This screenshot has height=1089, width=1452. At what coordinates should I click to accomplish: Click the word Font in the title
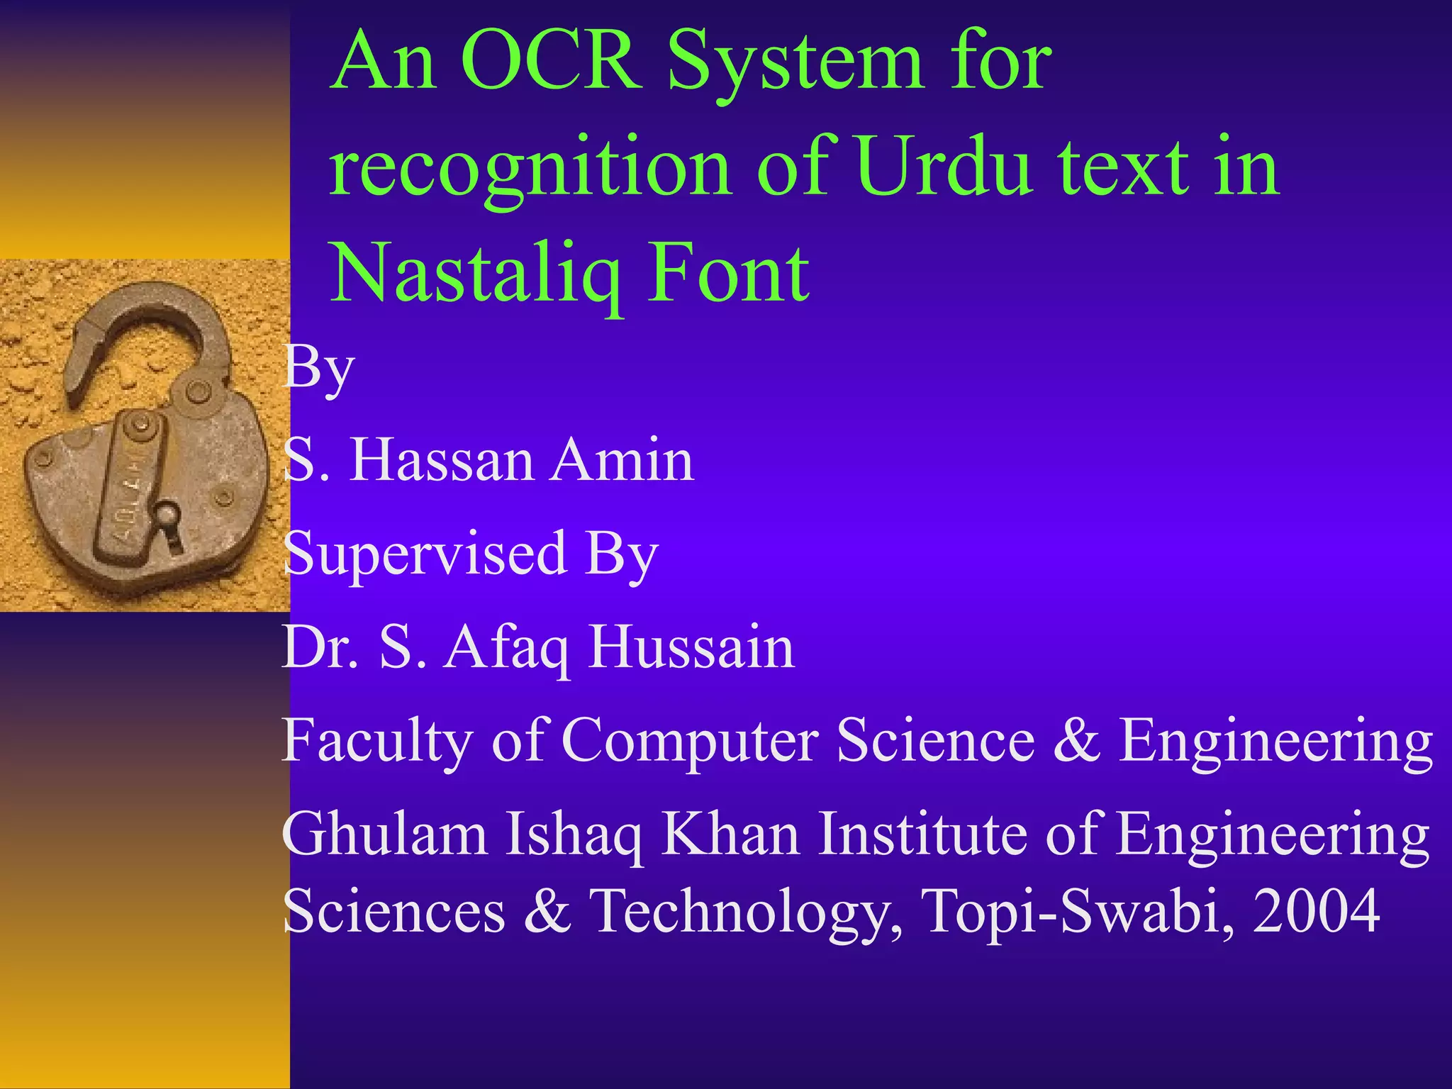click(730, 274)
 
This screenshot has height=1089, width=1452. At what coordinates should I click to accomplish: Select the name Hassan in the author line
click(441, 460)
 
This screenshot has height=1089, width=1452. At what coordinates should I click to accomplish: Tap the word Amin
click(622, 460)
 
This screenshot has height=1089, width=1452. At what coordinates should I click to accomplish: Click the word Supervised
click(425, 555)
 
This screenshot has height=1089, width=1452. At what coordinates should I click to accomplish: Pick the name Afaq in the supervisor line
click(506, 648)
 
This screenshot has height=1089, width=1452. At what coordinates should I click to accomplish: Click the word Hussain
click(691, 647)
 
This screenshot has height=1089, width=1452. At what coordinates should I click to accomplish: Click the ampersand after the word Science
click(1077, 740)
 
